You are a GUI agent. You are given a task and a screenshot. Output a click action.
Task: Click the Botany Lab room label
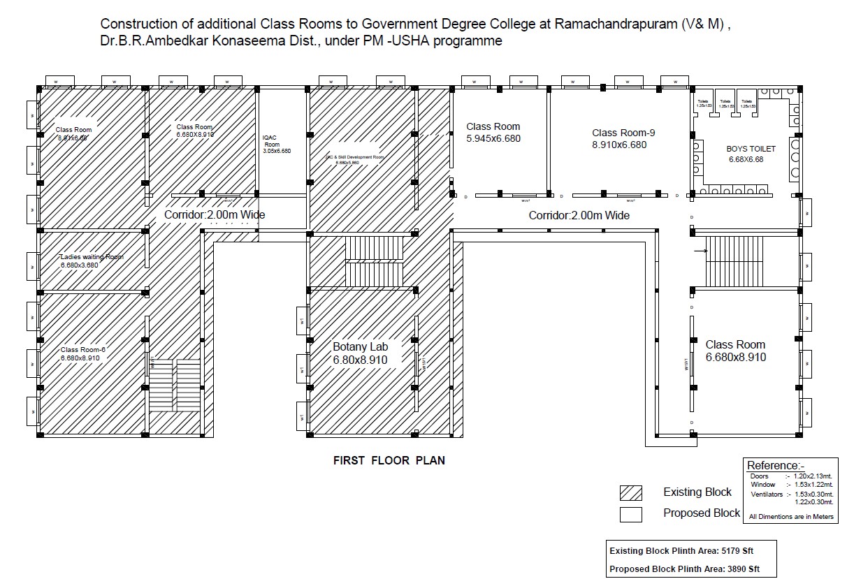coord(360,346)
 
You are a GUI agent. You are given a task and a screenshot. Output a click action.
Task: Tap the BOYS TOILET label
coord(751,149)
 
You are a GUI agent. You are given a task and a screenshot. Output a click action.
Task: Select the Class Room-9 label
coord(623,133)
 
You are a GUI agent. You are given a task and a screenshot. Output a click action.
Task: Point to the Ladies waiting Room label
coord(92,256)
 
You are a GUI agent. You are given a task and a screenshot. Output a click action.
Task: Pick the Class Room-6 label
coord(82,349)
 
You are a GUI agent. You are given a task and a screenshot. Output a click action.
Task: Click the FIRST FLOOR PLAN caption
coord(389,461)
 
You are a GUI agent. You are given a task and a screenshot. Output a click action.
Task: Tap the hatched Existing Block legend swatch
coord(630,492)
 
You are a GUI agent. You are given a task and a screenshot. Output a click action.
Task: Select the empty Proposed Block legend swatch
coord(630,515)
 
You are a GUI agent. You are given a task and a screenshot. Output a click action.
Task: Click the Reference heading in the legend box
coord(776,465)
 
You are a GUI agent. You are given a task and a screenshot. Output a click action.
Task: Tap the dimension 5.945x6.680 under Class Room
coord(493,138)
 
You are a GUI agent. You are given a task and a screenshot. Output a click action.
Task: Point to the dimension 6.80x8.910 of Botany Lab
coord(360,360)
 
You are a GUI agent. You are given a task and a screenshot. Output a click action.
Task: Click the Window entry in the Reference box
coord(762,484)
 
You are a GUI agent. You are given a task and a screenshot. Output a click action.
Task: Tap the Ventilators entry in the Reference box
coord(766,494)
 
